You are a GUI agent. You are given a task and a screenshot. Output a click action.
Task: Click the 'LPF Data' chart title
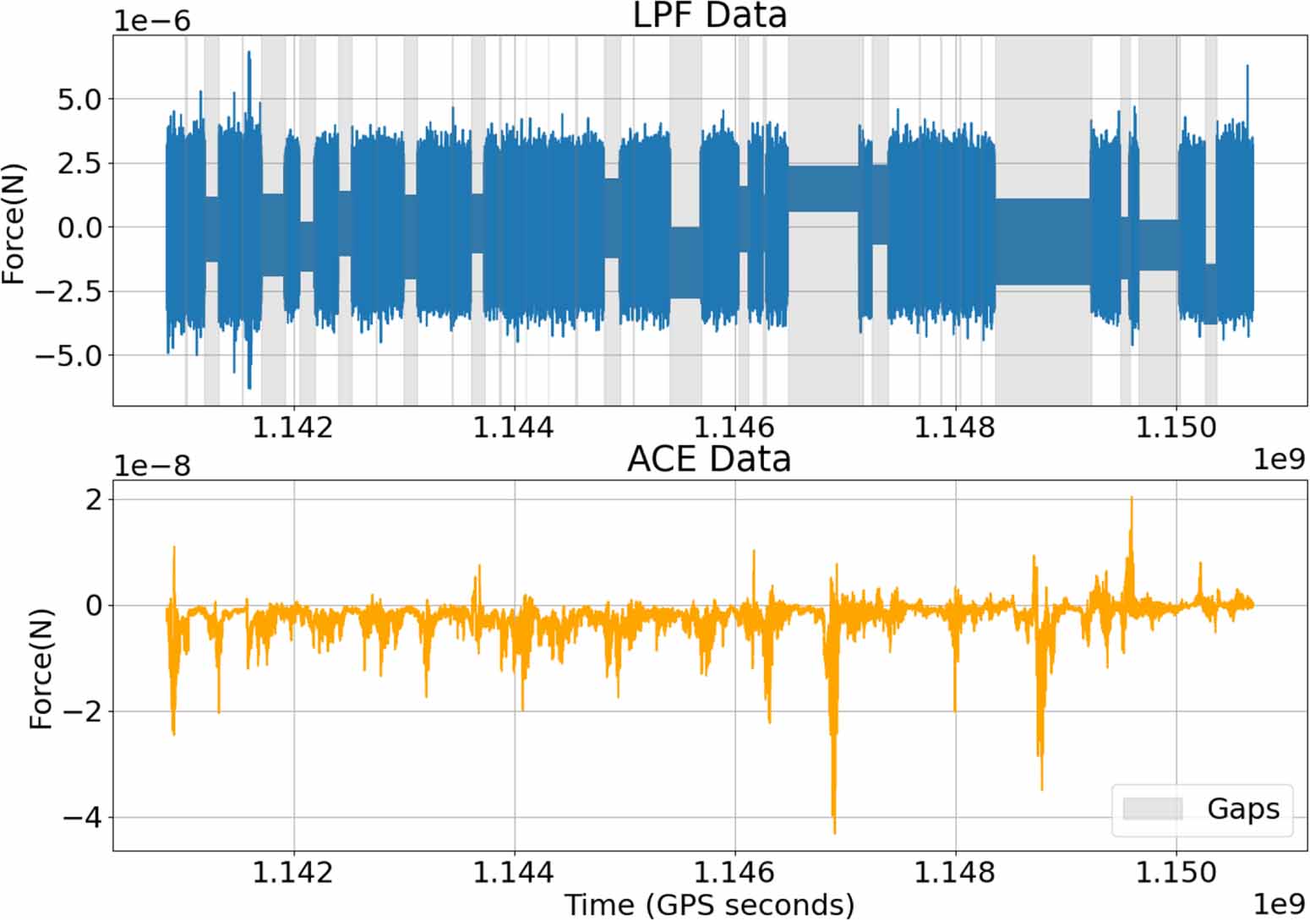(x=709, y=15)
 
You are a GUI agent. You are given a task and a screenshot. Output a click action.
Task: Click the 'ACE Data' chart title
(x=709, y=459)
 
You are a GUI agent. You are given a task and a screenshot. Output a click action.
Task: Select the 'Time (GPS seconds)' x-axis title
(x=709, y=904)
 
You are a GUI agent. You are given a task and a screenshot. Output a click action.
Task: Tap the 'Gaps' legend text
(x=1242, y=808)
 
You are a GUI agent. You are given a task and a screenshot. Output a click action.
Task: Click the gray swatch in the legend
(x=1152, y=808)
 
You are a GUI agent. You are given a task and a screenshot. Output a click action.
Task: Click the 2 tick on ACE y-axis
(x=93, y=499)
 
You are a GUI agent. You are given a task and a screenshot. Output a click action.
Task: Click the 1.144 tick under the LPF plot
(x=514, y=427)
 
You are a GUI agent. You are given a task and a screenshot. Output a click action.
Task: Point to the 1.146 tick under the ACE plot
(x=734, y=871)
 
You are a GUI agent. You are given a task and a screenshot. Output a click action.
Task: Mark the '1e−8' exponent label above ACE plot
(x=152, y=466)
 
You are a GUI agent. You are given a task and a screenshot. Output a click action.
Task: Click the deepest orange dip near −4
(x=834, y=832)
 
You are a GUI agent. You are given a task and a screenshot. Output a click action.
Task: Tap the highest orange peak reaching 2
(x=1132, y=498)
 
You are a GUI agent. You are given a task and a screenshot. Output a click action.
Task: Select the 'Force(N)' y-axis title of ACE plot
(x=41, y=667)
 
